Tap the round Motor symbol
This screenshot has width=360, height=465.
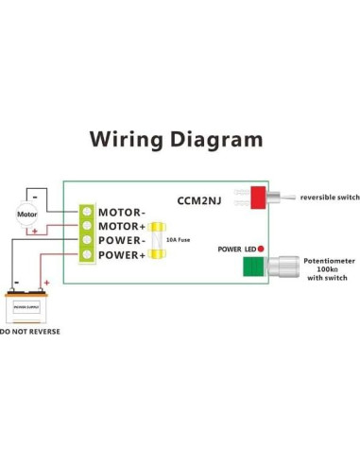click(x=26, y=214)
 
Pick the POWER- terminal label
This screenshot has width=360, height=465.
click(x=123, y=241)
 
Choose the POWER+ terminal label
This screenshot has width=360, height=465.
click(x=123, y=255)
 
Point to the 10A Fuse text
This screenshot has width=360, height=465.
click(x=180, y=240)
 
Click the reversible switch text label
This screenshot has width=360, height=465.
click(x=329, y=198)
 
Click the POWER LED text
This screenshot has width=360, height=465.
click(x=236, y=250)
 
